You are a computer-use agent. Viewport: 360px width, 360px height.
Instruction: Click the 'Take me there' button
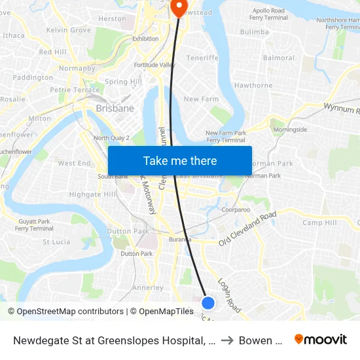[x=180, y=160]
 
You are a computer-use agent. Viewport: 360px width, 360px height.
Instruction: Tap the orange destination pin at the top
[x=178, y=7]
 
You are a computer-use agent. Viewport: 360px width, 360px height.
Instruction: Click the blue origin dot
[x=208, y=302]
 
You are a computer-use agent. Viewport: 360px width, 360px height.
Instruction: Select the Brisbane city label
[x=115, y=109]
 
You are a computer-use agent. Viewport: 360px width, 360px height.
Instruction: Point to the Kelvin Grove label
[x=69, y=30]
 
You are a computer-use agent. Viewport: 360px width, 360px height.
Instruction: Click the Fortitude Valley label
[x=154, y=65]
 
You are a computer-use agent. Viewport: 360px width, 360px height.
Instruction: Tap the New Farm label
[x=200, y=99]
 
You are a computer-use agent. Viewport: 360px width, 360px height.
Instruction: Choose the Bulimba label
[x=255, y=31]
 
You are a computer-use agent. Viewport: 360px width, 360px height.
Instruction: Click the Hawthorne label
[x=253, y=86]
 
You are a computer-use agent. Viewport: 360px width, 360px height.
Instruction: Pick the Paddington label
[x=33, y=77]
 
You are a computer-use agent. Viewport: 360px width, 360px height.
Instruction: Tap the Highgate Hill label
[x=92, y=194]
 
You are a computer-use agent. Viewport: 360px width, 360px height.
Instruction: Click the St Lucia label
[x=56, y=242]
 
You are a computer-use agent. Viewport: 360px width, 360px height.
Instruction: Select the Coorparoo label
[x=236, y=210]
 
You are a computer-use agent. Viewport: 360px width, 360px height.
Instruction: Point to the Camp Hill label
[x=319, y=223]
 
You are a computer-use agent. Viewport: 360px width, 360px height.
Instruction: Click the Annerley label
[x=148, y=287]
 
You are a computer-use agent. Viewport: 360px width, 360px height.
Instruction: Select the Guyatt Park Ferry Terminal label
[x=34, y=225]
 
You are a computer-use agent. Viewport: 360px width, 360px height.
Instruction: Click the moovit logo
[x=321, y=339]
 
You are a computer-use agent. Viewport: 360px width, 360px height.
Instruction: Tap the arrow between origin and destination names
[x=226, y=340]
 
